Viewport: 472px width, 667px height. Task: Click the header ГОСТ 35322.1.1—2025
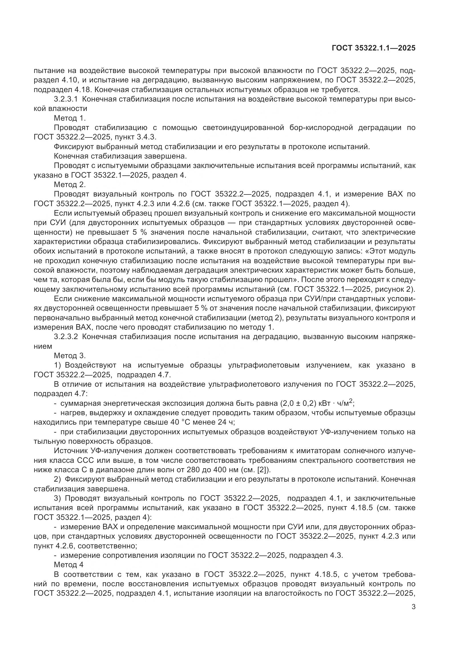pos(374,48)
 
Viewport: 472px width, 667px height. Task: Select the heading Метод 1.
pos(70,118)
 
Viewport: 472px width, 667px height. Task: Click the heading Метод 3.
pos(70,356)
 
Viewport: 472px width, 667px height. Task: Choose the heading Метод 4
pos(68,565)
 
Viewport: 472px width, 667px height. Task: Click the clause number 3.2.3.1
pos(66,99)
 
